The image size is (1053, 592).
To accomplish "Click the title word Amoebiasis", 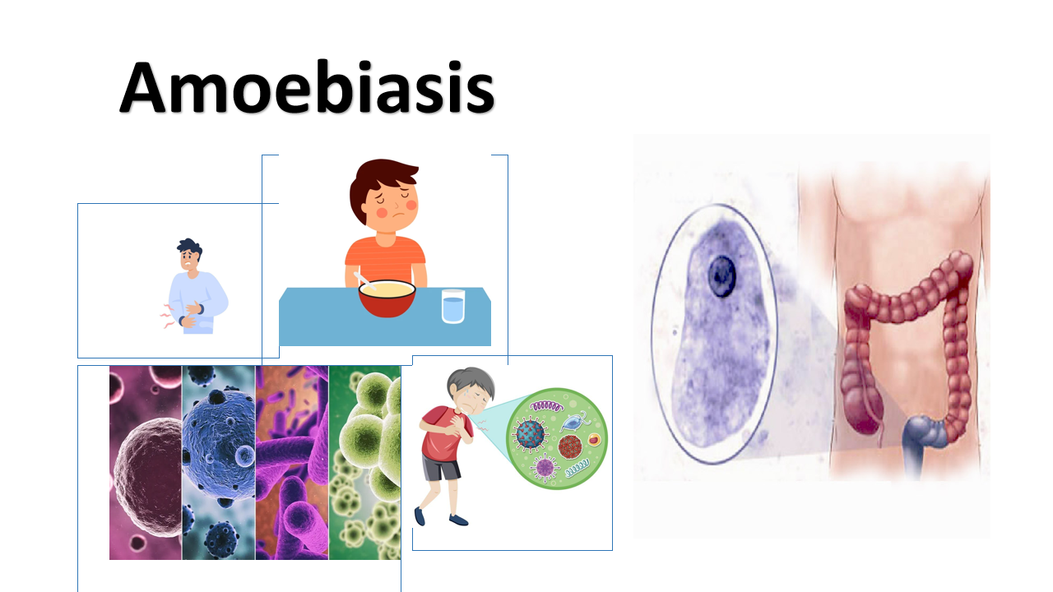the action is (307, 87).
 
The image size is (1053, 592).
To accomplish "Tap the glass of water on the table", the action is (453, 306).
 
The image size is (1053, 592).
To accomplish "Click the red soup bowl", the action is (387, 298).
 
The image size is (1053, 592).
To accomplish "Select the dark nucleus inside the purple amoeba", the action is (722, 276).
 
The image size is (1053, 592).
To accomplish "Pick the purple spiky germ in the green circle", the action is (545, 468).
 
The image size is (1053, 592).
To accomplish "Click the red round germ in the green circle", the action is (570, 446).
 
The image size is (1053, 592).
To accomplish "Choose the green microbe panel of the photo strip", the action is (364, 463).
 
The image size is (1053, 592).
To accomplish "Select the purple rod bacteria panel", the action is (292, 463).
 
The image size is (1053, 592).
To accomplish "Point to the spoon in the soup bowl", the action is (364, 281).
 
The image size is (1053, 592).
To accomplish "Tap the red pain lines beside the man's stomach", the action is (167, 316).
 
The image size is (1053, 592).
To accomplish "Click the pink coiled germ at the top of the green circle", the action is (547, 406).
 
